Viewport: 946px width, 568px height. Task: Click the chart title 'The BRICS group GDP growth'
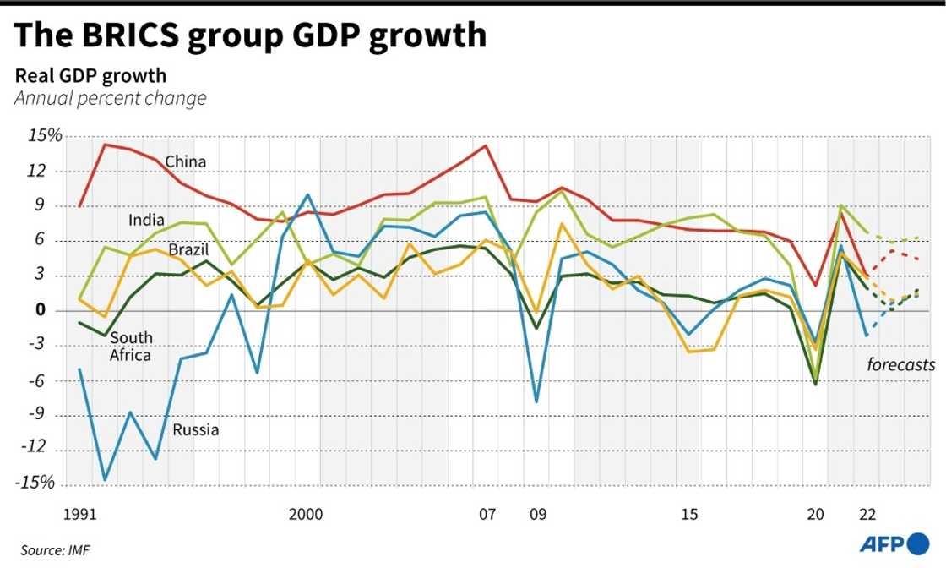[251, 35]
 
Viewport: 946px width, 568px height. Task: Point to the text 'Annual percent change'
[110, 98]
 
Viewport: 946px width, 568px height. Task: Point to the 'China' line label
[186, 161]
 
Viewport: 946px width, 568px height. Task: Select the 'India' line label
[146, 221]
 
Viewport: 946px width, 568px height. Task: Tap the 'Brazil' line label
[188, 250]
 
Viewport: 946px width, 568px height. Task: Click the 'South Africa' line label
[131, 347]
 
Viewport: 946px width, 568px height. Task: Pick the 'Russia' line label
[196, 430]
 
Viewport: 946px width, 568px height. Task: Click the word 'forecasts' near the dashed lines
[900, 365]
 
